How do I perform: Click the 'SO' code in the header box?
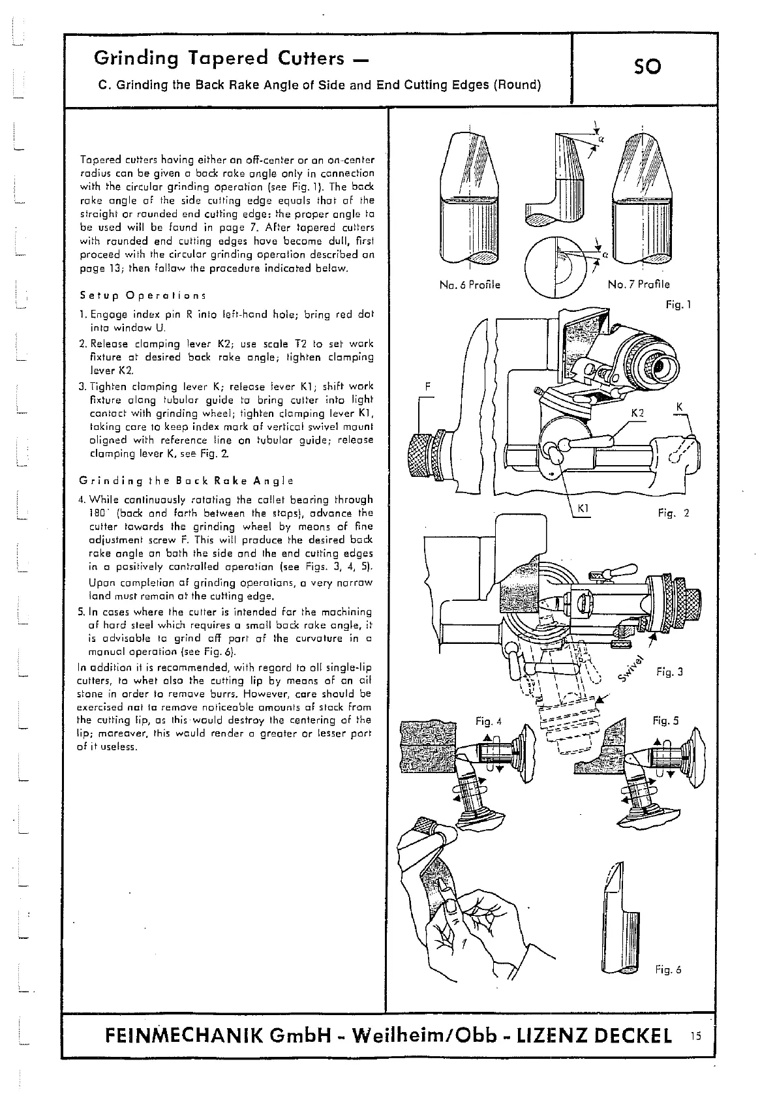point(647,67)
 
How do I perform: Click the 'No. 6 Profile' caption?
point(470,285)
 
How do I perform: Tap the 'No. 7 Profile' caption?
point(639,284)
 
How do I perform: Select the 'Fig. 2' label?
point(674,513)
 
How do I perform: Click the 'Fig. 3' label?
point(669,671)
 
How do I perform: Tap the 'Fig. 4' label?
point(489,721)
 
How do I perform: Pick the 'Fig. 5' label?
point(666,721)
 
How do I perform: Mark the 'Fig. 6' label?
point(668,970)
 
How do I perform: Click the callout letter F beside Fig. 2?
point(428,386)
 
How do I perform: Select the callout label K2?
point(637,413)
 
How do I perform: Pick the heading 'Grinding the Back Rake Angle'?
point(185,481)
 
